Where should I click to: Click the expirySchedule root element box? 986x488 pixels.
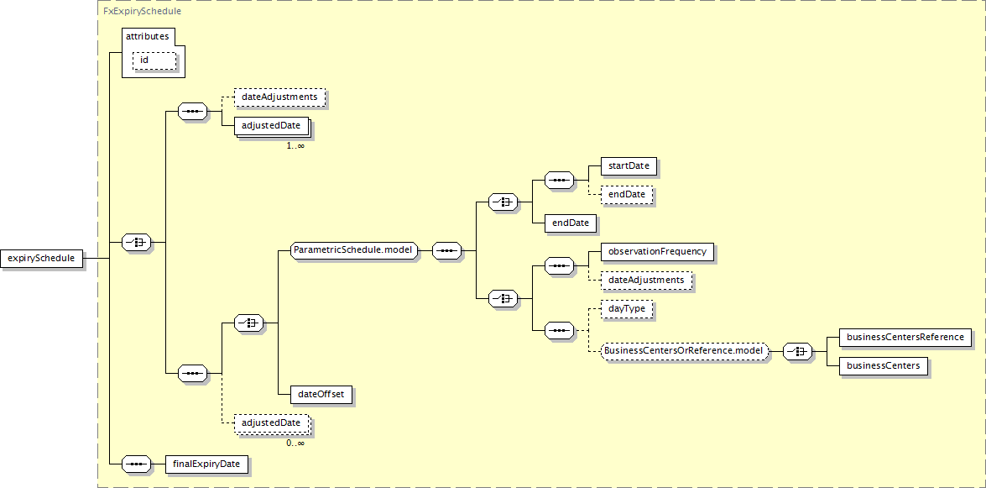tap(42, 259)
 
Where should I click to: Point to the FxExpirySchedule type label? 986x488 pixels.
tap(142, 12)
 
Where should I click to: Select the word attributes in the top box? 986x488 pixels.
tap(147, 37)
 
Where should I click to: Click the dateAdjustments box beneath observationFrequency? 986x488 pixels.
tap(646, 280)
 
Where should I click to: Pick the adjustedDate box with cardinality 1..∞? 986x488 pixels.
tap(270, 126)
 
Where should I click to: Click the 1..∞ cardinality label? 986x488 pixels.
tap(295, 146)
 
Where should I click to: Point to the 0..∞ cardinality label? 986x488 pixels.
tap(295, 443)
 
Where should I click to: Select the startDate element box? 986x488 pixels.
tap(629, 166)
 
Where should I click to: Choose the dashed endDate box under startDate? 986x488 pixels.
tap(627, 195)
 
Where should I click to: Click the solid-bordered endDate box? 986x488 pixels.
tap(571, 223)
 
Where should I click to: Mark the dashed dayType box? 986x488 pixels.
tap(627, 309)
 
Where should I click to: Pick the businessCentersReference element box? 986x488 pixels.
tap(905, 338)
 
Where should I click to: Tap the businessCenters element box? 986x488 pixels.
tap(884, 366)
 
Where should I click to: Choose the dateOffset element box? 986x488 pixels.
tap(321, 394)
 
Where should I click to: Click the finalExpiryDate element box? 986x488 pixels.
tap(206, 464)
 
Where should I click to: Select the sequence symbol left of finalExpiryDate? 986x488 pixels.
tap(136, 464)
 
